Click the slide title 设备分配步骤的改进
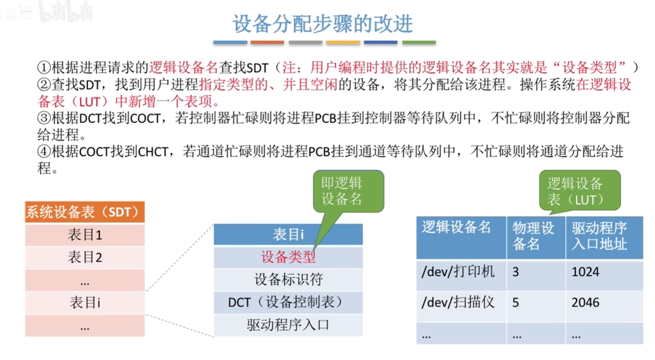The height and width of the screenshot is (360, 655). (323, 24)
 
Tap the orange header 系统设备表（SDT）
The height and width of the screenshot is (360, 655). (85, 212)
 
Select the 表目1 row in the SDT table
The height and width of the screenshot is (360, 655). (85, 235)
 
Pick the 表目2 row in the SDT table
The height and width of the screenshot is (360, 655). (85, 258)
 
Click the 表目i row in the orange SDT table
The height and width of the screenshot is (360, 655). (85, 303)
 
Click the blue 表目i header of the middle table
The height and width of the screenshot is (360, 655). (288, 234)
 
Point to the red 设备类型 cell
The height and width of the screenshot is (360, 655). (288, 257)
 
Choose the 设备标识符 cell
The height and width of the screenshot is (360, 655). (288, 279)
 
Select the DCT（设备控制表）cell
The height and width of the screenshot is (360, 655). (288, 302)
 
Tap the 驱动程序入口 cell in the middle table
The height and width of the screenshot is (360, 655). (288, 325)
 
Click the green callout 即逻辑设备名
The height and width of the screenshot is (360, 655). (348, 191)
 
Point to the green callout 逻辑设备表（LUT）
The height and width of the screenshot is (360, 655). (580, 191)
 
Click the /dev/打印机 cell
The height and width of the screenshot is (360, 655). (458, 272)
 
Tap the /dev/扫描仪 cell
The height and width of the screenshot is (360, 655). (458, 302)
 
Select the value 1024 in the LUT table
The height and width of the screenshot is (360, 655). (585, 272)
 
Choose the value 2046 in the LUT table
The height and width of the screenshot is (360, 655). (585, 303)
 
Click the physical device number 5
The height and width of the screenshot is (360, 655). (516, 303)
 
